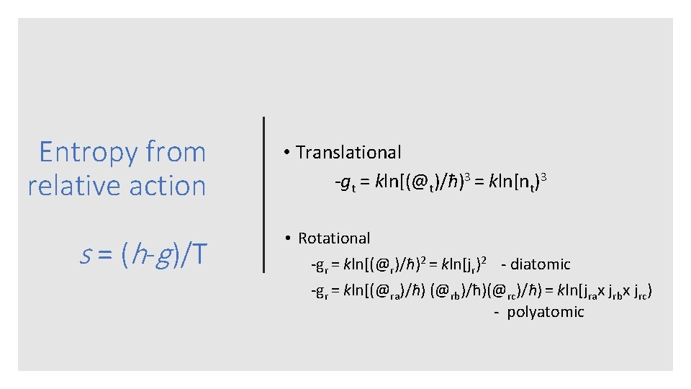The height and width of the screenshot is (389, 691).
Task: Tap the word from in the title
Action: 176,153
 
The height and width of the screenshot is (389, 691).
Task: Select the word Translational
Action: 349,153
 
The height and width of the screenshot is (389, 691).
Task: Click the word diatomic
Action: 540,264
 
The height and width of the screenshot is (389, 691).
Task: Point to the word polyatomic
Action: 546,312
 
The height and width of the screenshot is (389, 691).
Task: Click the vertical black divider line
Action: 264,194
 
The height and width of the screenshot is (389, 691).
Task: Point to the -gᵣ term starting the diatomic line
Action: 319,265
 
